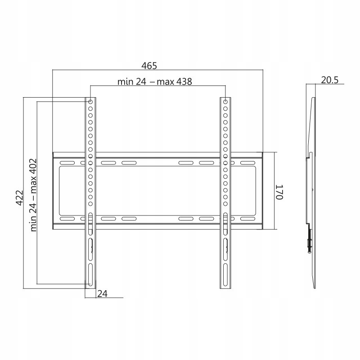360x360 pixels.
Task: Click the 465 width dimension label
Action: coord(149,66)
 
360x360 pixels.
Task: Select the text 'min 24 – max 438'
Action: coord(154,81)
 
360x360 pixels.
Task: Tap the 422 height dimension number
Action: coord(19,198)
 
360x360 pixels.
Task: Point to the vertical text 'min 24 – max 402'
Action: coord(33,195)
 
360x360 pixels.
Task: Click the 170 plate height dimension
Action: coord(280,192)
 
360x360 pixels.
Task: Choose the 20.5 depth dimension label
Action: coord(329,80)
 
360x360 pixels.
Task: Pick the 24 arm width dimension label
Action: coord(102,294)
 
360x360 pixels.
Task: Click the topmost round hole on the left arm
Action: coord(90,102)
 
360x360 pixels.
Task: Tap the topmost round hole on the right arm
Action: coord(225,102)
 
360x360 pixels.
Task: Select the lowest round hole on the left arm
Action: coord(90,204)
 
